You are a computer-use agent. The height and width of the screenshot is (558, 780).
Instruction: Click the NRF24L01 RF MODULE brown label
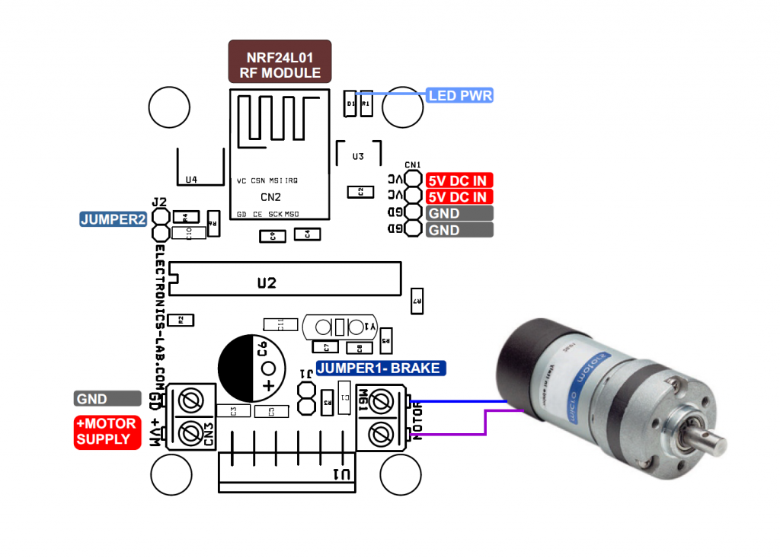280,62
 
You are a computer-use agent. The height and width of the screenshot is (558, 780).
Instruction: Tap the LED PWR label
460,96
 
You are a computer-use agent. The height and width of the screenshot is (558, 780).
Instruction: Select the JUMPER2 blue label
113,219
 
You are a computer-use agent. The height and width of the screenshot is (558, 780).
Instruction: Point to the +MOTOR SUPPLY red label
106,432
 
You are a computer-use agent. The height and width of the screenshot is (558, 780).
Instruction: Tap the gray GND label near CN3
107,399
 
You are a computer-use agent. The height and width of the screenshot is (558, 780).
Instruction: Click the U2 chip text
267,283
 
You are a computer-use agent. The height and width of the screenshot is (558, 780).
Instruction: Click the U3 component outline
358,156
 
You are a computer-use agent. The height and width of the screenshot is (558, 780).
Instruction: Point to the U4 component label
191,180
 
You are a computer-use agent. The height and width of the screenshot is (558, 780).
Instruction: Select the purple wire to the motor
457,435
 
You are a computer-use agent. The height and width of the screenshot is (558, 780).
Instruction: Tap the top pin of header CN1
413,180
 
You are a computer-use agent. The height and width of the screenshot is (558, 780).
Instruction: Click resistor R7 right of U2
417,301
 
